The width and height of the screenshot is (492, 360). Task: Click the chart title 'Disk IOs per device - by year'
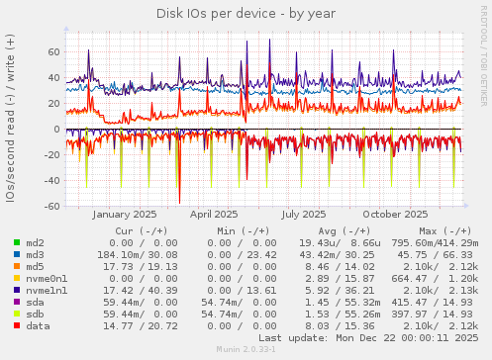pyautogui.click(x=246, y=13)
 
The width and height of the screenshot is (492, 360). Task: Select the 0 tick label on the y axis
pyautogui.click(x=57, y=129)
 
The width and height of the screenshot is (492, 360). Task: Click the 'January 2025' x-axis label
pyautogui.click(x=124, y=214)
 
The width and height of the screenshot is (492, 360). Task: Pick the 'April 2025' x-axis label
pyautogui.click(x=214, y=214)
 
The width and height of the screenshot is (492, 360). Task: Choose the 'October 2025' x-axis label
pyautogui.click(x=395, y=214)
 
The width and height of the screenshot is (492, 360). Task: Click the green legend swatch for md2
pyautogui.click(x=17, y=242)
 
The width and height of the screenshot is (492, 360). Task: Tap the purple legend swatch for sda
pyautogui.click(x=17, y=302)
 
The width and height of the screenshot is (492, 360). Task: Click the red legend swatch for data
pyautogui.click(x=17, y=325)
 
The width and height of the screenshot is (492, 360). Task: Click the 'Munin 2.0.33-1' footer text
pyautogui.click(x=246, y=350)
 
